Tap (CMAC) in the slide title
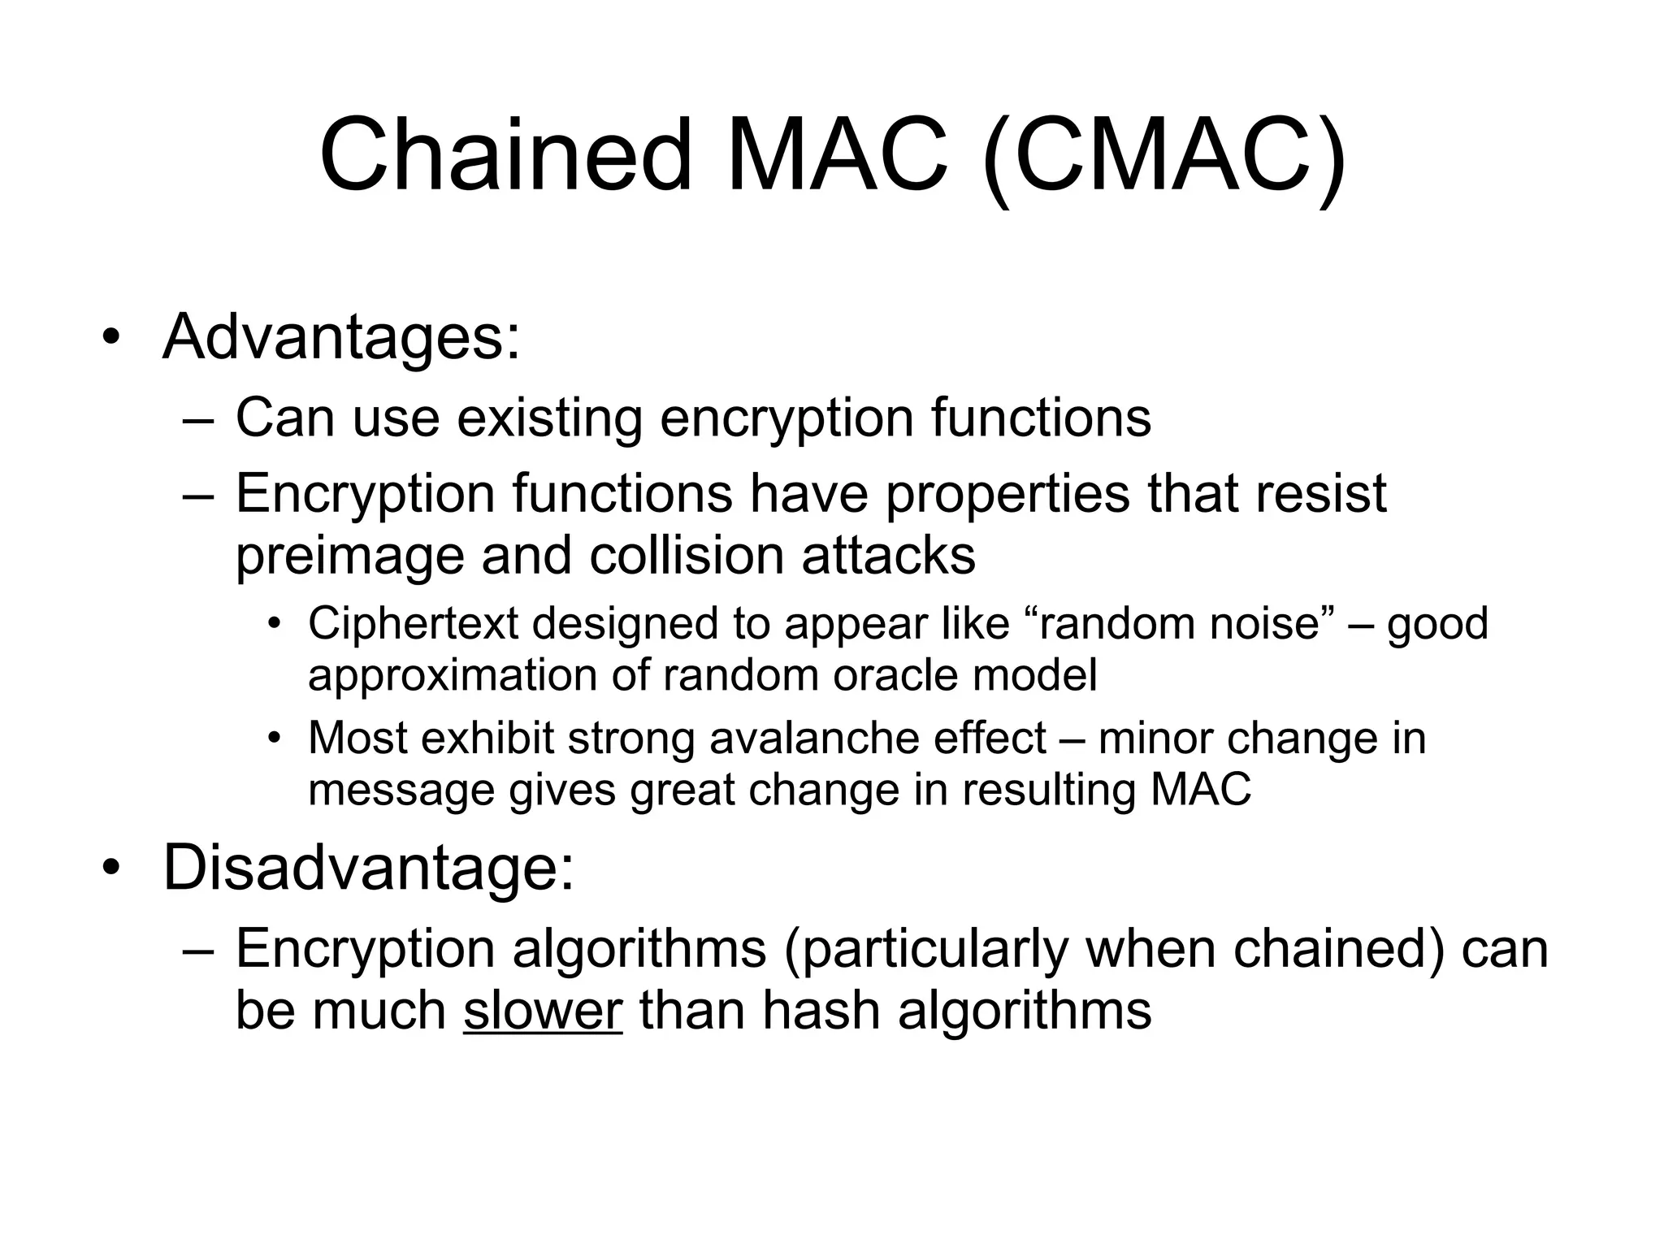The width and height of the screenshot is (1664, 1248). [1164, 156]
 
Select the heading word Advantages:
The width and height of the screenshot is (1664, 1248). [341, 337]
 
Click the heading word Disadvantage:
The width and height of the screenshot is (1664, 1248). [368, 868]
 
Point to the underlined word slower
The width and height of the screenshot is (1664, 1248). [542, 1012]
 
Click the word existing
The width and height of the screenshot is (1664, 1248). [549, 418]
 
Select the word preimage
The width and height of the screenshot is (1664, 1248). [349, 557]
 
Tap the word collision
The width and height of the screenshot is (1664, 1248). [686, 557]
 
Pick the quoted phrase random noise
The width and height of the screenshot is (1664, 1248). [1176, 624]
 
